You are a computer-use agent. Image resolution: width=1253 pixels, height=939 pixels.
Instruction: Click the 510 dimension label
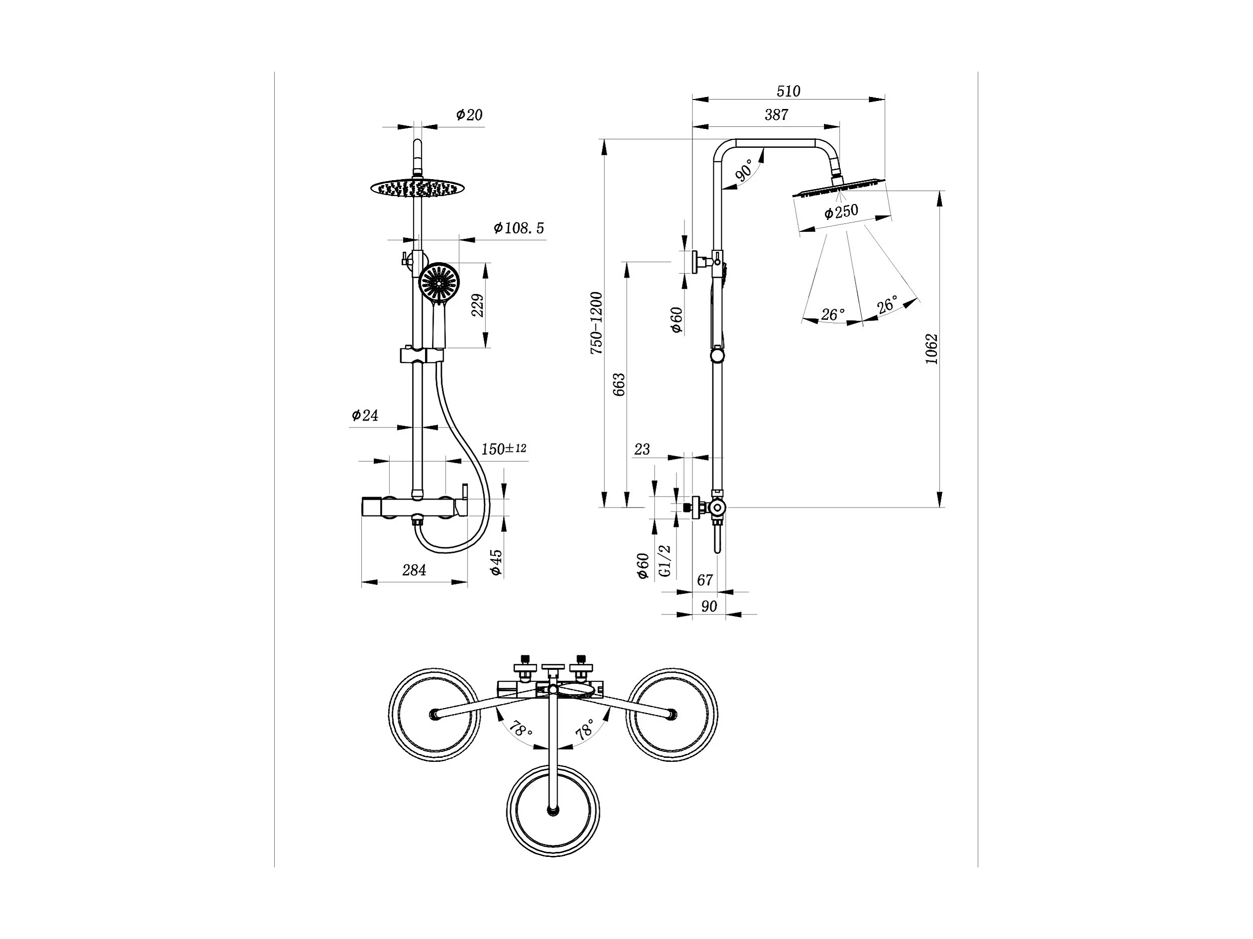(788, 91)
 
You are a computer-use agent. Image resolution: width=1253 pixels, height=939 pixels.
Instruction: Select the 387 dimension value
(776, 115)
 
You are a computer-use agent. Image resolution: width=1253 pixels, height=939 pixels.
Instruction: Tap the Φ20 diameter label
(469, 115)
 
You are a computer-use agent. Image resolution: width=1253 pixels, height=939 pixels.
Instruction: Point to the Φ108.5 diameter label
(518, 228)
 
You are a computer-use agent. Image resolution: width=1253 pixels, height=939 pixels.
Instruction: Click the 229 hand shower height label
(478, 305)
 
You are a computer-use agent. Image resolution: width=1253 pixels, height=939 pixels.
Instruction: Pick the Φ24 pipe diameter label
(365, 415)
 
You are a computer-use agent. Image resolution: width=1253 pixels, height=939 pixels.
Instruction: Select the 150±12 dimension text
(504, 449)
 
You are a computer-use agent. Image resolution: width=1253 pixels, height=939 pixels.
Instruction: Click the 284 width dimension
(414, 570)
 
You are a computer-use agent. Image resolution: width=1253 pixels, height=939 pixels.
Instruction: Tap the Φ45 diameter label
(496, 562)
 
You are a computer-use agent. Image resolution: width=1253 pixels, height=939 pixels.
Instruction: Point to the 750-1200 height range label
(596, 323)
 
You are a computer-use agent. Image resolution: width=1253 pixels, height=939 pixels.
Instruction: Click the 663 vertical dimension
(619, 385)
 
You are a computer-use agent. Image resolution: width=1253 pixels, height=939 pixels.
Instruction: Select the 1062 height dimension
(931, 349)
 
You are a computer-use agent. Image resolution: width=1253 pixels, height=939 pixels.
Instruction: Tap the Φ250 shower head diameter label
(841, 212)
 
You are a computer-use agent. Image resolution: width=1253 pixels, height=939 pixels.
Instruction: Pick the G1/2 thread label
(665, 561)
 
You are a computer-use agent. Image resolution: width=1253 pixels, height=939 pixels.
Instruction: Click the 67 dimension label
(705, 580)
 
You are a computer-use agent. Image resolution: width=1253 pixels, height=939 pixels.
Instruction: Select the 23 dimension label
(642, 449)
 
